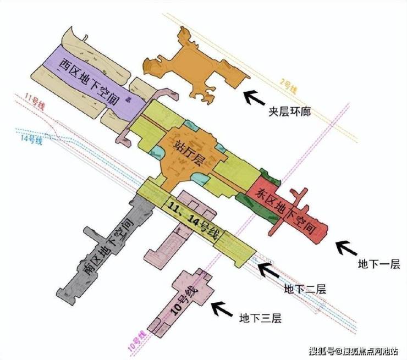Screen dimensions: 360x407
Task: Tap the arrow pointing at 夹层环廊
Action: [x=254, y=97]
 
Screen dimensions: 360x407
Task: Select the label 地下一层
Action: [x=376, y=265]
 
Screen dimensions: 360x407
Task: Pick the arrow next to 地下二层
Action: [x=270, y=270]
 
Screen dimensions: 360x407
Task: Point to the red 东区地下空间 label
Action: [x=287, y=208]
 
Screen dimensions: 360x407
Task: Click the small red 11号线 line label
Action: [x=34, y=101]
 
